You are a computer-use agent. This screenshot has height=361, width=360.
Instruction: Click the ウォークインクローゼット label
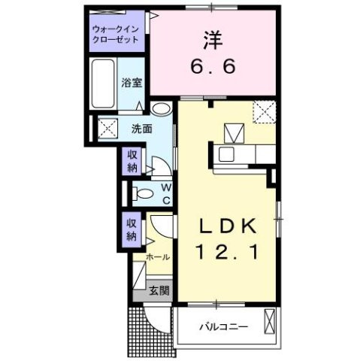[x=116, y=33]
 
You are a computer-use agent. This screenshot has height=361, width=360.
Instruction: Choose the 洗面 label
[x=143, y=129]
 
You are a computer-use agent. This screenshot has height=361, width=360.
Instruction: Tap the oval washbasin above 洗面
[x=160, y=109]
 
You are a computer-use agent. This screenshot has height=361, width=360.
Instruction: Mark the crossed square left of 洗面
[x=105, y=129]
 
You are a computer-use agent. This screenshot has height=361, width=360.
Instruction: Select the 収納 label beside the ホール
[x=131, y=229]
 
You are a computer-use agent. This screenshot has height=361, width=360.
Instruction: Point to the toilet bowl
[x=141, y=193]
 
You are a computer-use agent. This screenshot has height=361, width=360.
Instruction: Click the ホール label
[x=158, y=257]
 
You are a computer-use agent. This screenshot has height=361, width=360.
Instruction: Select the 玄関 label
[x=157, y=290]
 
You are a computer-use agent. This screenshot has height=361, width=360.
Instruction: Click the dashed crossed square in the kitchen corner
[x=265, y=113]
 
